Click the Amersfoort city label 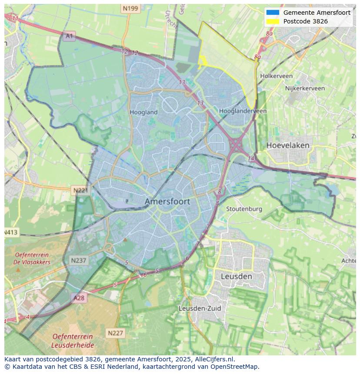click(167, 202)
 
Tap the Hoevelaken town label click(288, 145)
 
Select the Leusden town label click(236, 276)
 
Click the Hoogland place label click(143, 112)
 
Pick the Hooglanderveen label click(243, 111)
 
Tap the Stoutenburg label click(244, 209)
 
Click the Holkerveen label click(276, 76)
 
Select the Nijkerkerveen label click(305, 88)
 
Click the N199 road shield click(130, 8)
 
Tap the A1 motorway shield click(69, 36)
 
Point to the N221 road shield click(80, 190)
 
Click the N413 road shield click(11, 232)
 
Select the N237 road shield click(79, 261)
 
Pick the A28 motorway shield click(79, 298)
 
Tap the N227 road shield click(115, 333)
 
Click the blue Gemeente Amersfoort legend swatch click(273, 13)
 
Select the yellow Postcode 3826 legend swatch click(273, 21)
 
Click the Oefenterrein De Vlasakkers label click(32, 258)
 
